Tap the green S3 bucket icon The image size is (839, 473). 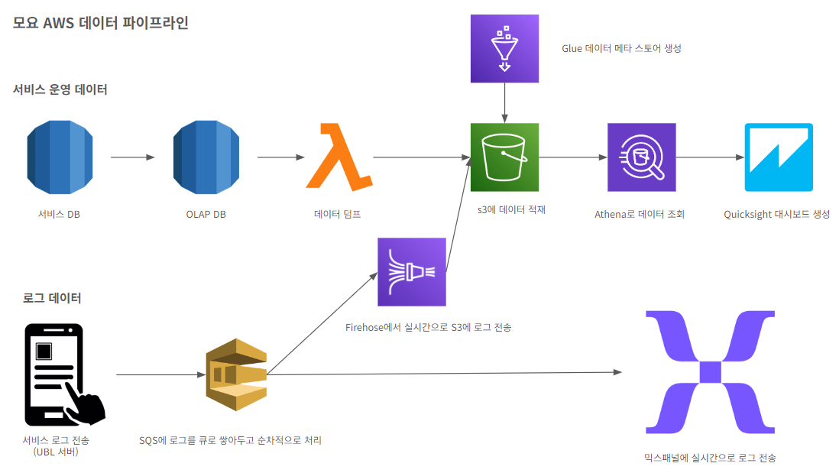tap(504, 157)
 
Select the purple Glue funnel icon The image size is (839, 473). tap(504, 48)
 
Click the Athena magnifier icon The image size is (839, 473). tap(641, 157)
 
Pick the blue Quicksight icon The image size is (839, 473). tap(779, 157)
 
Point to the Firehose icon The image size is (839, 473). tap(412, 271)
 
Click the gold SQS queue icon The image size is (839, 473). tap(236, 374)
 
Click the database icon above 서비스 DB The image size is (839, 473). tap(59, 157)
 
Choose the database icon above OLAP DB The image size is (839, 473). tap(206, 157)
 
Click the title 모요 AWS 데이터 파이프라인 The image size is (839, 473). tap(101, 23)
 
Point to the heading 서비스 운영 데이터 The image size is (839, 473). tap(60, 89)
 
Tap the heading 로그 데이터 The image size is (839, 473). tap(52, 298)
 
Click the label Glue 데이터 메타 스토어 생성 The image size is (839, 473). tap(620, 48)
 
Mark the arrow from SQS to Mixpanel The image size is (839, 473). tap(443, 373)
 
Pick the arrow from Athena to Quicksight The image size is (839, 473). tap(710, 157)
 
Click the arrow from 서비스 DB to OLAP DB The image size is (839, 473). tap(132, 157)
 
